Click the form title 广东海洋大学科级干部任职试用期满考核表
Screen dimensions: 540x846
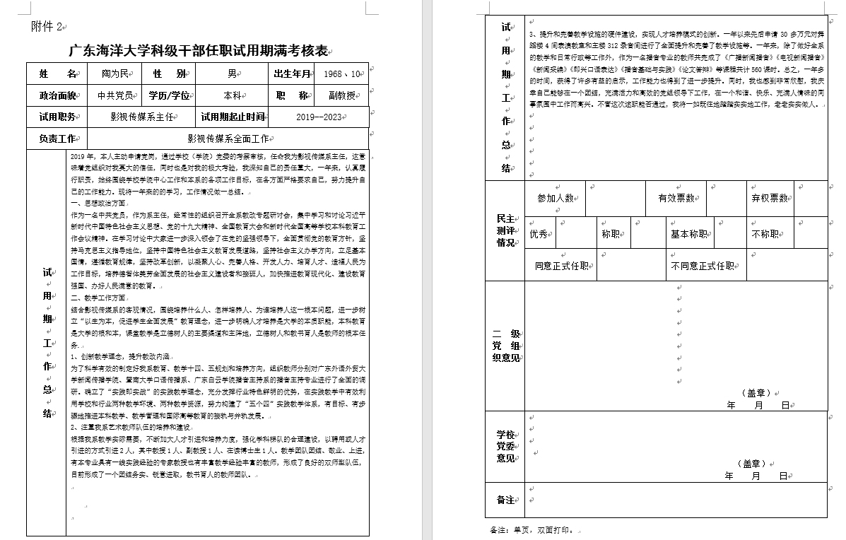coord(199,51)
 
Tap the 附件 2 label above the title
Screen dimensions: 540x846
coord(47,27)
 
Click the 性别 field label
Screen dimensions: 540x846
coord(169,74)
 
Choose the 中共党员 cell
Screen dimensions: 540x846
coord(114,95)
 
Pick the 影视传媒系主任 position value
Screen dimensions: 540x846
coord(141,117)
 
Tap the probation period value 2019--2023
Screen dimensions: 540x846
coord(318,117)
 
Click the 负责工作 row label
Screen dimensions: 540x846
coord(57,139)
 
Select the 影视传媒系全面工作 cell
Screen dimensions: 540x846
coord(228,139)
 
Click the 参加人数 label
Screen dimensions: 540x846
coord(555,199)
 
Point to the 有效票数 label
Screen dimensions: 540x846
coord(676,199)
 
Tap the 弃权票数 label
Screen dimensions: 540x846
coord(769,199)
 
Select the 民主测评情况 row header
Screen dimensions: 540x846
coord(505,231)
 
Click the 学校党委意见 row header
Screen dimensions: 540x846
coord(505,447)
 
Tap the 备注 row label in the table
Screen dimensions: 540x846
coord(505,500)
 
